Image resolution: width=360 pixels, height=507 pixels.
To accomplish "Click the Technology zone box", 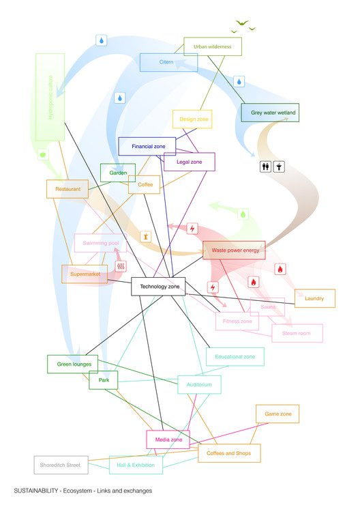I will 159,287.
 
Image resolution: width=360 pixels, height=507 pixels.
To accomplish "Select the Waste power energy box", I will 234,250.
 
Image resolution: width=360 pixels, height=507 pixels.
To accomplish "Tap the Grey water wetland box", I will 270,113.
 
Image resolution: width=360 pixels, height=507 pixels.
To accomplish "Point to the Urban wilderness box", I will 213,47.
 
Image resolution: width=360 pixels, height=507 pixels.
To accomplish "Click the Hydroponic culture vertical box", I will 50,97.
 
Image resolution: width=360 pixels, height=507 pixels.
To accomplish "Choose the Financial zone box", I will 147,147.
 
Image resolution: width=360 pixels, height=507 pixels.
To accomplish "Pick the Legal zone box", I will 189,162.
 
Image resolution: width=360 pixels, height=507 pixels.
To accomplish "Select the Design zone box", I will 193,119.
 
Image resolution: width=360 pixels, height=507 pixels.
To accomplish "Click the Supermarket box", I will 85,274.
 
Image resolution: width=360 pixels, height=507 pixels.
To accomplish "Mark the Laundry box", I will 314,298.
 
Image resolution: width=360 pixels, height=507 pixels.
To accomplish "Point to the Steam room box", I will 297,333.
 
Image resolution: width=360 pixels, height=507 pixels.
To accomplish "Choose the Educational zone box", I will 235,357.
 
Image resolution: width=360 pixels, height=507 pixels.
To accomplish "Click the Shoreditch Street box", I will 61,465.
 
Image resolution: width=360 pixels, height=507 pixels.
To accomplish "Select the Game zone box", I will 277,414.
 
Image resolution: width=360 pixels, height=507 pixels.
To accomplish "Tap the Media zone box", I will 168,440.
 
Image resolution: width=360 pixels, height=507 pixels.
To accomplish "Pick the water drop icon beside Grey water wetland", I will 239,82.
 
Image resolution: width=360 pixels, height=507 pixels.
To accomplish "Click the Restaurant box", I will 67,189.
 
